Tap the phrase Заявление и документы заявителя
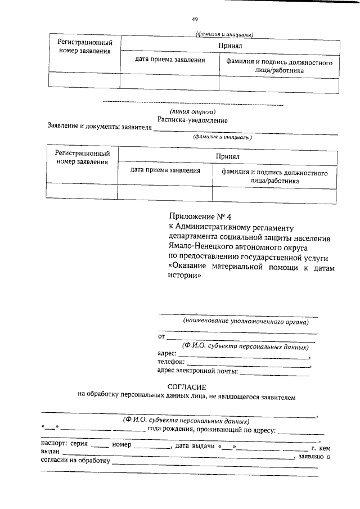coord(100,128)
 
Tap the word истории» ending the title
coord(184,277)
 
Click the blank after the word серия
coord(100,446)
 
